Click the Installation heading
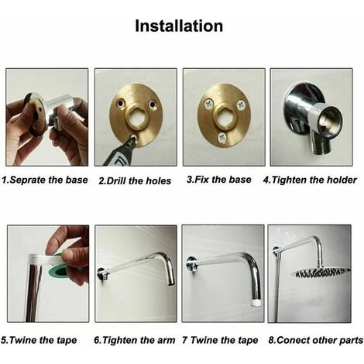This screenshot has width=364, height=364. pos(179,26)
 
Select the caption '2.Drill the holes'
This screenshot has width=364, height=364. pos(136,180)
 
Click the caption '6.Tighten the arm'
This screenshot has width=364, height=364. pos(135,338)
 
